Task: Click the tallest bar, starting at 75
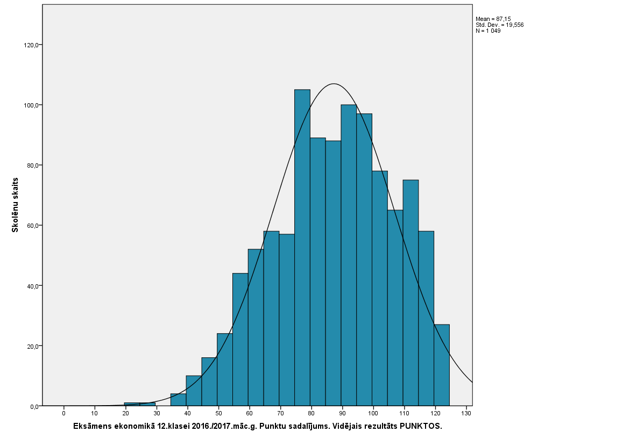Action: [x=302, y=247]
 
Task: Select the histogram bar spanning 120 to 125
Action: [x=442, y=365]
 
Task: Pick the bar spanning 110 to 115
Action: [x=410, y=293]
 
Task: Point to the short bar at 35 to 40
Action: [x=179, y=400]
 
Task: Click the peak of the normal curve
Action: [x=334, y=84]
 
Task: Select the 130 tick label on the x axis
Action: [x=466, y=414]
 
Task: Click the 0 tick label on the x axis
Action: [x=63, y=414]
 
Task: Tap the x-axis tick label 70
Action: [x=280, y=414]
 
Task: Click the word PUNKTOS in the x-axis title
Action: [x=421, y=426]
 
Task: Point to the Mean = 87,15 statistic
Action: [x=493, y=19]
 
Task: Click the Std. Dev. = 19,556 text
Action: [x=499, y=25]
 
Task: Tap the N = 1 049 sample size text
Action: [x=488, y=31]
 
